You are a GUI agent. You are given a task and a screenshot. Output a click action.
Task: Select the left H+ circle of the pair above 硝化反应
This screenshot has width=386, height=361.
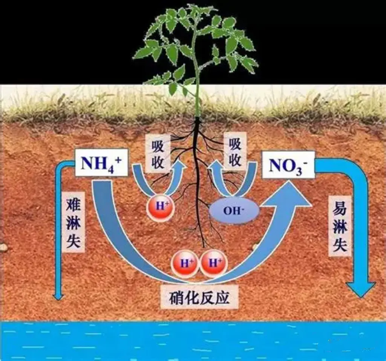pos(184,263)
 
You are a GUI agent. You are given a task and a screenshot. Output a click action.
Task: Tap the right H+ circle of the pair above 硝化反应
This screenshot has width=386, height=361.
pos(213,263)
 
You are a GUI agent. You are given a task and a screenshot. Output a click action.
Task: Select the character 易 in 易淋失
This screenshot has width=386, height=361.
pos(339,206)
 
